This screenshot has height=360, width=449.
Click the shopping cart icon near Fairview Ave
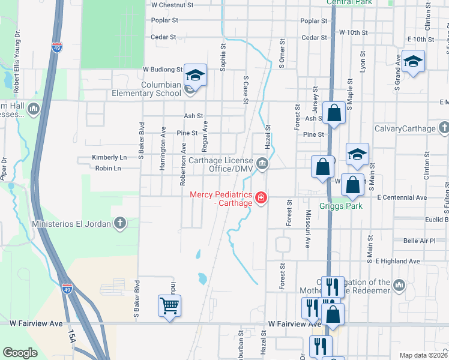(x=170, y=306)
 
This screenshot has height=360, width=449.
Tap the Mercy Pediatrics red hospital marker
(x=261, y=197)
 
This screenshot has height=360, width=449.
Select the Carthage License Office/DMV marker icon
(x=262, y=163)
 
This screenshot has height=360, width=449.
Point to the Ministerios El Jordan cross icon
(x=120, y=224)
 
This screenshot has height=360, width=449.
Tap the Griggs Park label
(x=354, y=205)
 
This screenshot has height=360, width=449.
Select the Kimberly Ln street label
(x=109, y=157)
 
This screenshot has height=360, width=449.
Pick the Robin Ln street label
(x=108, y=169)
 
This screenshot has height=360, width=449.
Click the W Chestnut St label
(x=172, y=4)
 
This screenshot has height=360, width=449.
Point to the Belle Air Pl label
(x=419, y=241)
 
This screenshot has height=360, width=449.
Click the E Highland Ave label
(x=397, y=262)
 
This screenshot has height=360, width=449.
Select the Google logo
(x=20, y=353)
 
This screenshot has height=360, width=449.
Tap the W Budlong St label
(x=162, y=70)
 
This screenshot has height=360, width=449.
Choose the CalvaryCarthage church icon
(x=444, y=128)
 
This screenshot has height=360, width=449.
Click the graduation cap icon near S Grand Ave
(x=413, y=62)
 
